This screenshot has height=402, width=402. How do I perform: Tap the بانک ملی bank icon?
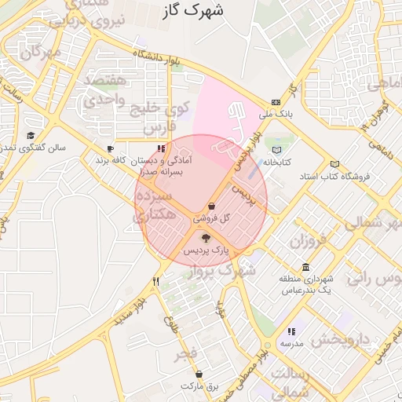click(276, 102)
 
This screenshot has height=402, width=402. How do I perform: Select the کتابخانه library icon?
click(276, 150)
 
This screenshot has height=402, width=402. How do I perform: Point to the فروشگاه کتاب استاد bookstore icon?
click(335, 163)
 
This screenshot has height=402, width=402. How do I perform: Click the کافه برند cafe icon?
click(111, 148)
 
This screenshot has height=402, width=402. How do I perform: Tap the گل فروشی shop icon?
click(212, 206)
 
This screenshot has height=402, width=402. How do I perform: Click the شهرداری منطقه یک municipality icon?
click(305, 267)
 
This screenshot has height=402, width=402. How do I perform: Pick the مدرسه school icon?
click(291, 331)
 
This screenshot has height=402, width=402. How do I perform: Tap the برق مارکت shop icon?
click(209, 374)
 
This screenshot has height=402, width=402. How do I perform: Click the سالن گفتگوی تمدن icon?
click(31, 135)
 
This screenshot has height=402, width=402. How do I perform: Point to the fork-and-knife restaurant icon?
click(156, 280)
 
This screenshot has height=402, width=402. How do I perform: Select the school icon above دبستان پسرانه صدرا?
click(161, 148)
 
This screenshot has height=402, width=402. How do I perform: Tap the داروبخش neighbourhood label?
click(339, 340)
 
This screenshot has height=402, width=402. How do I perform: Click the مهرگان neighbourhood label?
click(41, 53)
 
